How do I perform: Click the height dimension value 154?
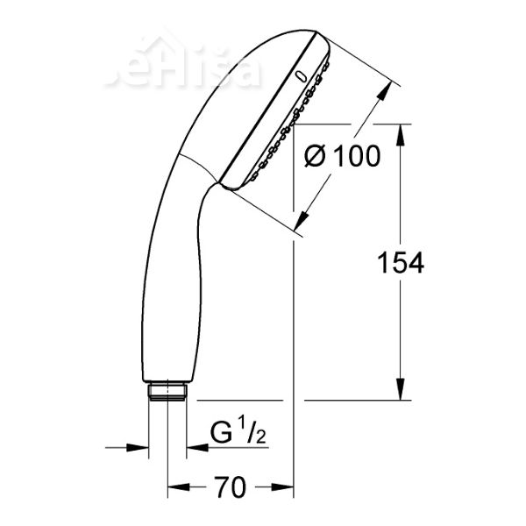coord(401,261)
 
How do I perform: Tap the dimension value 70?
coord(230,487)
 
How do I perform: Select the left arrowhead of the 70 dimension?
coord(174,485)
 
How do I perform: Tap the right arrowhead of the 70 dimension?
coord(284,485)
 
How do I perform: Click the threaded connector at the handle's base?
coord(167,391)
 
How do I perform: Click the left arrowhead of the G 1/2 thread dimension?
coord(139,446)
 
